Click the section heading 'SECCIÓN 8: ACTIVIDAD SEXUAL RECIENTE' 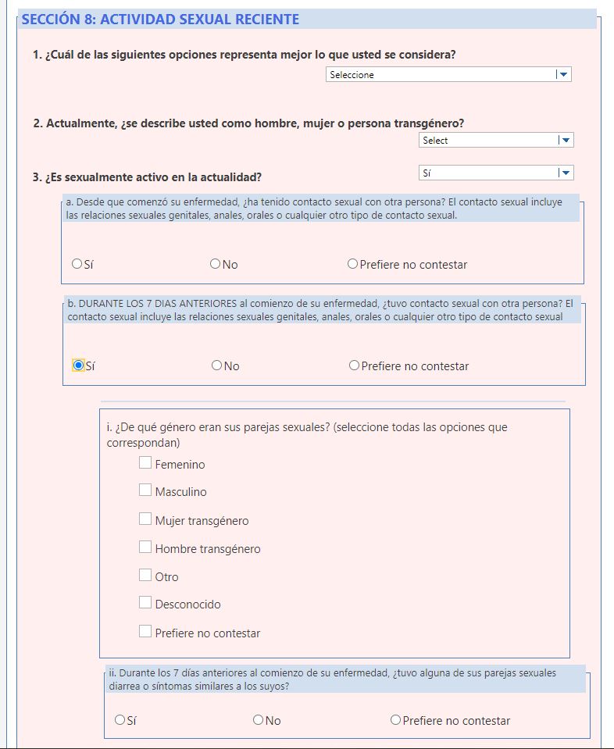pyautogui.click(x=161, y=20)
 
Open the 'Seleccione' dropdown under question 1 pyautogui.click(x=448, y=75)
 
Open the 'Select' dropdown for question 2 pyautogui.click(x=496, y=141)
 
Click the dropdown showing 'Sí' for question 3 pyautogui.click(x=496, y=173)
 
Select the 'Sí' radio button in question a pyautogui.click(x=77, y=264)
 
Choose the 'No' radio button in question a pyautogui.click(x=216, y=264)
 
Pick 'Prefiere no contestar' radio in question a pyautogui.click(x=352, y=264)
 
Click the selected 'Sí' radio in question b pyautogui.click(x=78, y=366)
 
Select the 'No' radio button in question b pyautogui.click(x=217, y=366)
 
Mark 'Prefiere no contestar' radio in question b pyautogui.click(x=354, y=366)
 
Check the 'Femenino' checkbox pyautogui.click(x=145, y=462)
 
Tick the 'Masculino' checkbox pyautogui.click(x=145, y=490)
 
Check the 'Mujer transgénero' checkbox pyautogui.click(x=145, y=519)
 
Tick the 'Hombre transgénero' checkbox pyautogui.click(x=145, y=547)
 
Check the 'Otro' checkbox pyautogui.click(x=145, y=575)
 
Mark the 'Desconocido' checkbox pyautogui.click(x=145, y=602)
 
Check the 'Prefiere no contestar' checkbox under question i pyautogui.click(x=145, y=631)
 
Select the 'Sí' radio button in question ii pyautogui.click(x=120, y=720)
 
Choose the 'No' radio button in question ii pyautogui.click(x=259, y=720)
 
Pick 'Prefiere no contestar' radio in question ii pyautogui.click(x=395, y=720)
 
